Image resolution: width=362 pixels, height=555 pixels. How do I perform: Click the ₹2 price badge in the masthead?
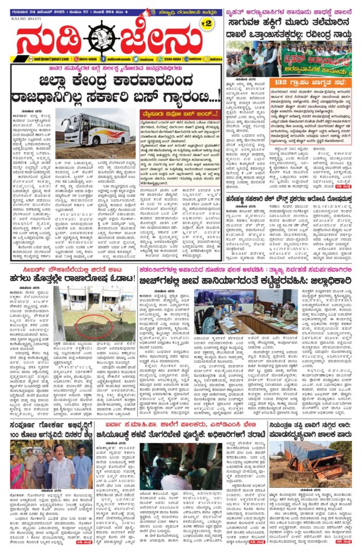click(205, 23)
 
